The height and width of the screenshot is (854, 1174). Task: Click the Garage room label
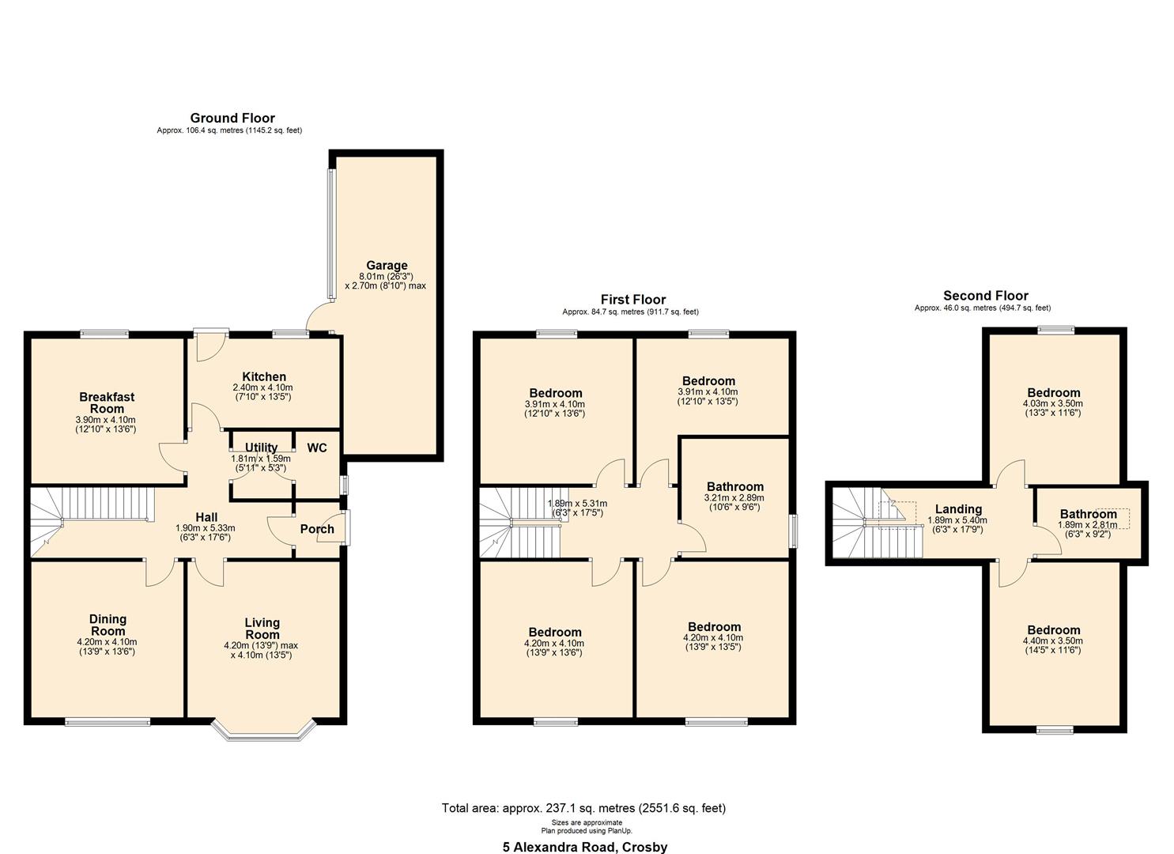pos(387,266)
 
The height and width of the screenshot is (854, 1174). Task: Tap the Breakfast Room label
pos(107,402)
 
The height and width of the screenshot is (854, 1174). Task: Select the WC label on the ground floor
pos(317,448)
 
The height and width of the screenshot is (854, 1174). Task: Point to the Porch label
pos(317,529)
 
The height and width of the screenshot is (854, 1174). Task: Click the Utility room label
pos(261,448)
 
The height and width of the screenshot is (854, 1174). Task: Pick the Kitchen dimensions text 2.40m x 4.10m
pos(262,387)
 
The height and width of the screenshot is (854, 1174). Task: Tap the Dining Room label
pos(108,625)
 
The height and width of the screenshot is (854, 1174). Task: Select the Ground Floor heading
pos(232,119)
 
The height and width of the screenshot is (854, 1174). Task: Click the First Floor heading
pos(632,299)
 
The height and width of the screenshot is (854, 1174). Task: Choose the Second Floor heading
pos(985,296)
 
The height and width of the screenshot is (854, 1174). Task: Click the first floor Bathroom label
pos(734,487)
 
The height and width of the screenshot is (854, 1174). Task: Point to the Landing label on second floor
pos(958,509)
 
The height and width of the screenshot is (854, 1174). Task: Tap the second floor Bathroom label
pos(1088,514)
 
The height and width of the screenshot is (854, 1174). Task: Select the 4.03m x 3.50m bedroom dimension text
pos(1052,403)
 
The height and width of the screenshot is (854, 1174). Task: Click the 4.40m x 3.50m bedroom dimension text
pos(1052,640)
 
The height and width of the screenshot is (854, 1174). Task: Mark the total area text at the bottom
pos(583,808)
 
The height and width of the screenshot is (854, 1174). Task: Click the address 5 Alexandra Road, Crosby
pos(585,847)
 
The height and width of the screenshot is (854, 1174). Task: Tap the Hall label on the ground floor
pos(206,517)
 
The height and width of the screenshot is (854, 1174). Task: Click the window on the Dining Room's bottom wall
pos(107,721)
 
